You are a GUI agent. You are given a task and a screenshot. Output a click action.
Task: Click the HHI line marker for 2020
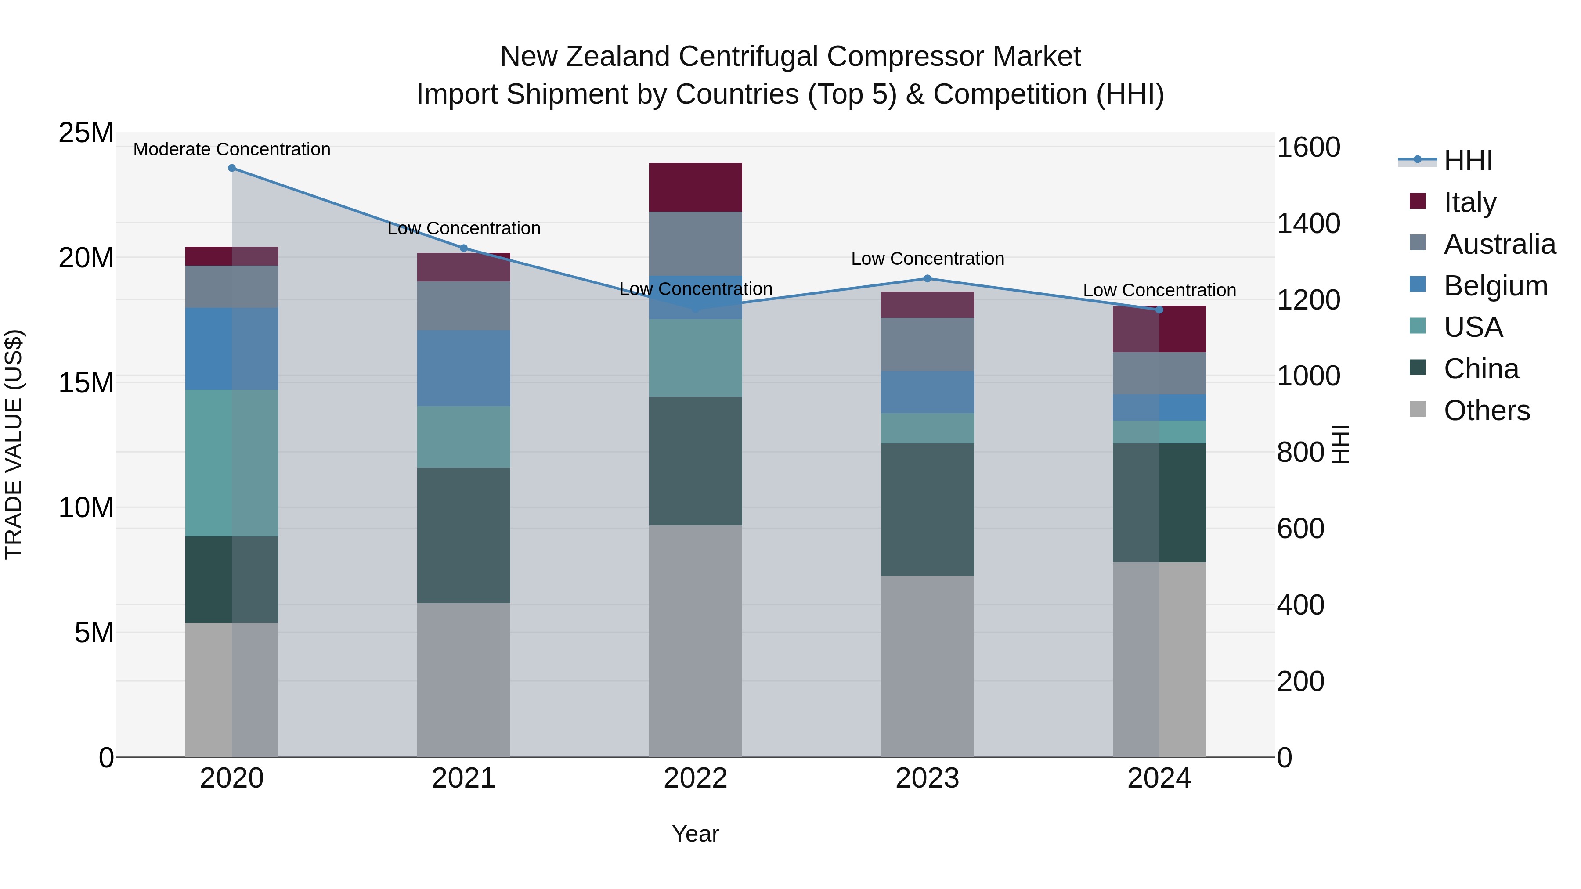(231, 168)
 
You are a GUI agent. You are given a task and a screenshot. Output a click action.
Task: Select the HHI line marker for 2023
(928, 278)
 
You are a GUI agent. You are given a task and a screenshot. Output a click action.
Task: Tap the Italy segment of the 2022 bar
(695, 187)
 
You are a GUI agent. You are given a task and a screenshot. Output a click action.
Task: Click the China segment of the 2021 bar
(463, 535)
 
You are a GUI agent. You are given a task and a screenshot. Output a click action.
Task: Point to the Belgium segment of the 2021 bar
(463, 368)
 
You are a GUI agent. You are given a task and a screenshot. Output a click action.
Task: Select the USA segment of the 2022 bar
(695, 358)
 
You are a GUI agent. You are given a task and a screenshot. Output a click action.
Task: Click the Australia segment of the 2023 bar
(928, 344)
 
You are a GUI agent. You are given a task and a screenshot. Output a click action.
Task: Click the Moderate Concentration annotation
(231, 149)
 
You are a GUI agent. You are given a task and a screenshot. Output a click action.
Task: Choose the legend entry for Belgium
(1495, 286)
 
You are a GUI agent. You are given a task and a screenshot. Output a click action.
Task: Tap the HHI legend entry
(1467, 161)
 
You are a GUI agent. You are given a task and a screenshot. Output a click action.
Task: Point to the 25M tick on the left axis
(86, 133)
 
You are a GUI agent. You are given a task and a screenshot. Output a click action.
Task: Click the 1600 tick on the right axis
(1308, 147)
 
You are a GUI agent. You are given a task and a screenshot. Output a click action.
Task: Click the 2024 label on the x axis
(1159, 778)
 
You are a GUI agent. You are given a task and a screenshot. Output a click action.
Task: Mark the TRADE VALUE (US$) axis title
(14, 444)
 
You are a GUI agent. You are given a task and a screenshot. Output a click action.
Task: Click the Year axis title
(695, 834)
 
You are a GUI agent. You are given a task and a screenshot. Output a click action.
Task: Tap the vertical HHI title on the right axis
(1341, 444)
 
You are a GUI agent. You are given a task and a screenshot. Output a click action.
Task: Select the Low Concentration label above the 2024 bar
(1159, 290)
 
